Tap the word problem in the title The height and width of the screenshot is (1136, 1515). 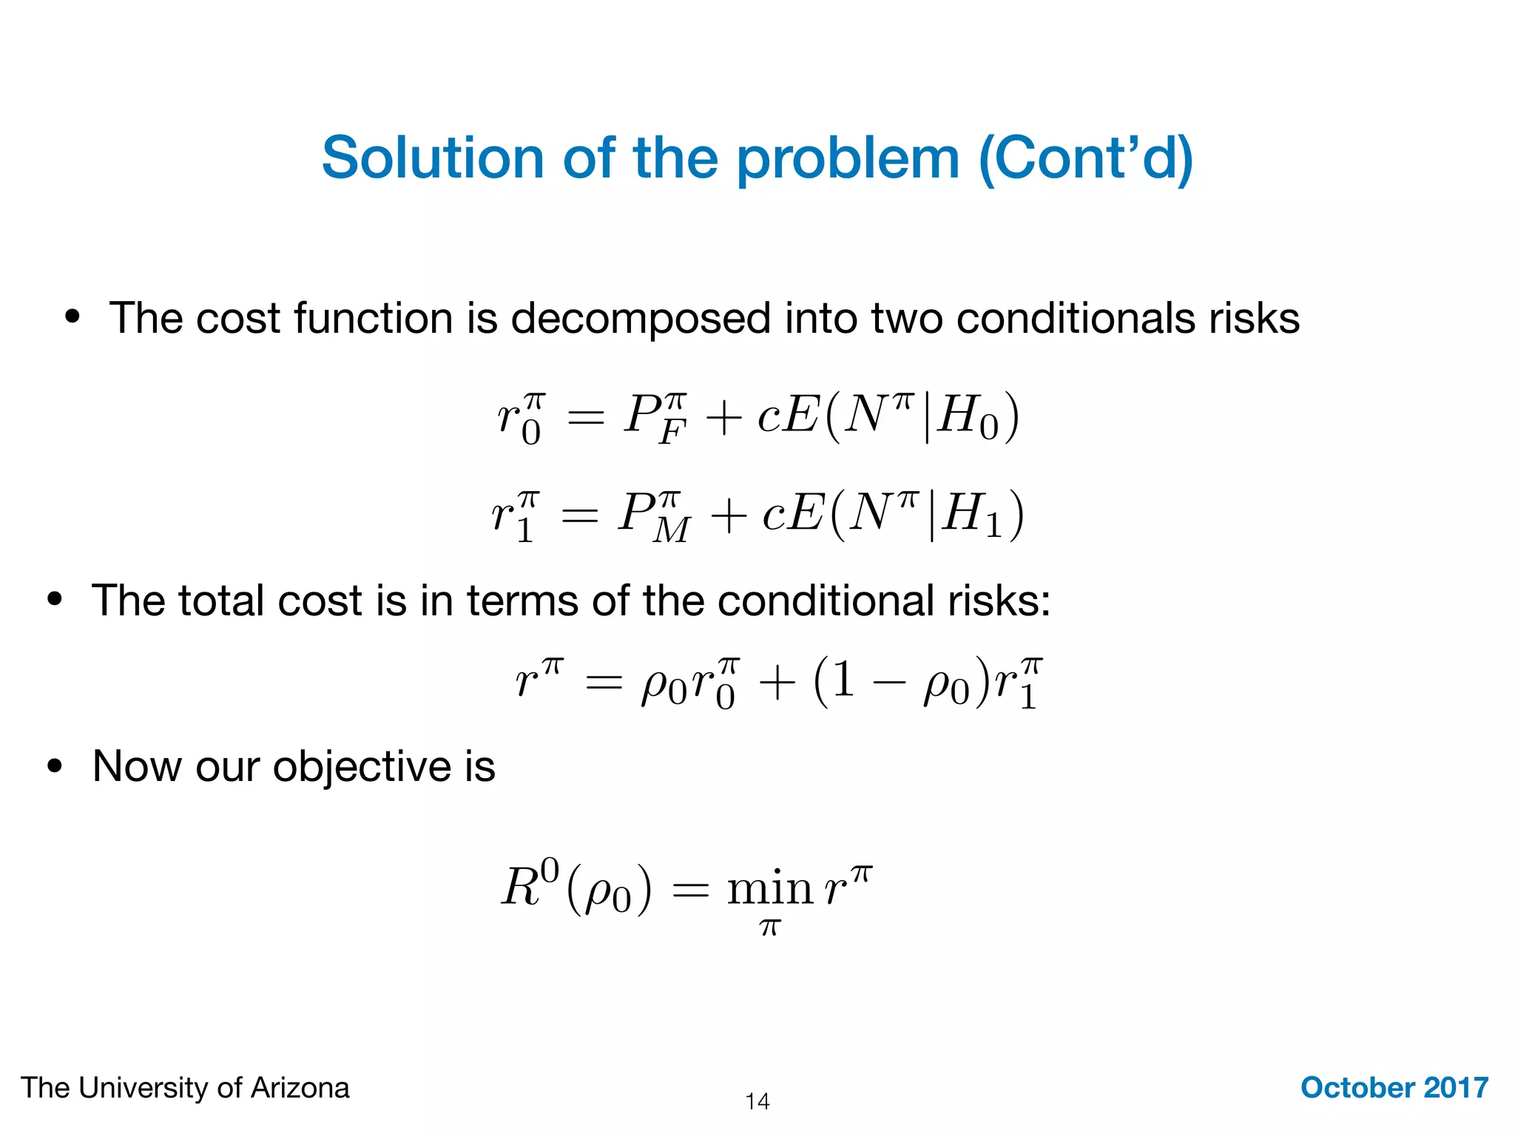click(x=848, y=159)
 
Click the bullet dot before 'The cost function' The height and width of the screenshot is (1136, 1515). click(x=72, y=317)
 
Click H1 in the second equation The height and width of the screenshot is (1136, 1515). click(x=971, y=515)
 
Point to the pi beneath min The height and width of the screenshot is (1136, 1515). click(x=769, y=927)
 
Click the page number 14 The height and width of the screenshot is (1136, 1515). click(x=757, y=1101)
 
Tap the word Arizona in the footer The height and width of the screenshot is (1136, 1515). click(x=300, y=1088)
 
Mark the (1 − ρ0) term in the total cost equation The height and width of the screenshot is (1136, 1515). click(x=901, y=681)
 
